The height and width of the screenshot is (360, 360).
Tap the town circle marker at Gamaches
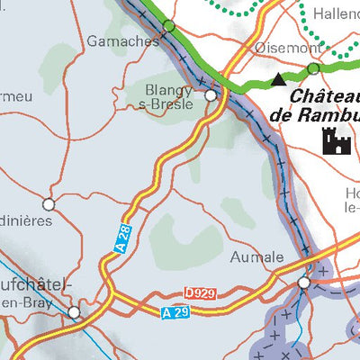[x=168, y=26]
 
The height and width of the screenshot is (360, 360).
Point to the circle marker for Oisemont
[x=312, y=68]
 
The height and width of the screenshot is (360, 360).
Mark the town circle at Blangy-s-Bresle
[x=211, y=94]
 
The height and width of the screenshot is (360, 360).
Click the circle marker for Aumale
[x=304, y=283]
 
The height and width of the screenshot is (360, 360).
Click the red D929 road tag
[x=202, y=293]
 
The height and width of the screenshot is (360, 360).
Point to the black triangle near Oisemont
[x=278, y=80]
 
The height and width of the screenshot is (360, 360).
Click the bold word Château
[x=322, y=96]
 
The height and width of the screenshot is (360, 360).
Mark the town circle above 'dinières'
[x=49, y=203]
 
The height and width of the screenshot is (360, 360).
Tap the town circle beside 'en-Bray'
[x=75, y=312]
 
